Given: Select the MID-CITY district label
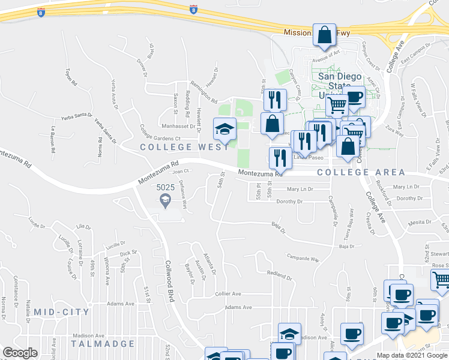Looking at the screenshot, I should click(61, 312).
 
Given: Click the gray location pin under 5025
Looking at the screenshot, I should click(165, 203).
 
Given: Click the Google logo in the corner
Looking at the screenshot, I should click(20, 353).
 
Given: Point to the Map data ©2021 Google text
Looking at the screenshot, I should click(412, 355).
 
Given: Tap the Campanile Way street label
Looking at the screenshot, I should click(303, 259).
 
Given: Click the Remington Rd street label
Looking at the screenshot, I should click(202, 92).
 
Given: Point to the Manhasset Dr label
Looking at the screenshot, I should click(179, 127).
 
